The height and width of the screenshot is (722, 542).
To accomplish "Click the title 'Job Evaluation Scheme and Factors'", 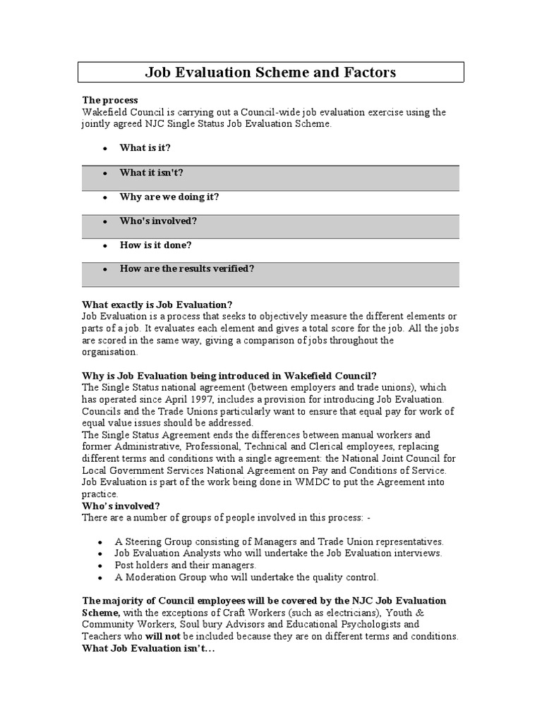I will (270, 72).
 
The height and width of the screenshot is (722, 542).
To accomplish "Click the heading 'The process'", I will (110, 101).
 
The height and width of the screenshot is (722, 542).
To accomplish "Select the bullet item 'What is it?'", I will (145, 148).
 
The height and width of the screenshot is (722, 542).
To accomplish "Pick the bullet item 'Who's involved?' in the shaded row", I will (158, 221).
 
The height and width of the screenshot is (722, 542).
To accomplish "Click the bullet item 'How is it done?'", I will (155, 245).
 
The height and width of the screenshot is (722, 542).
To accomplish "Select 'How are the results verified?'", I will (186, 269).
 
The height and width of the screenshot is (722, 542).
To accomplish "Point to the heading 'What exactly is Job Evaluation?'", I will (157, 304).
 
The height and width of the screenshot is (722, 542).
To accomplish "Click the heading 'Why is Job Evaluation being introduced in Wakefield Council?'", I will (229, 375).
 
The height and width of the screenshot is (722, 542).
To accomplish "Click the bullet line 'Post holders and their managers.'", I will (185, 565).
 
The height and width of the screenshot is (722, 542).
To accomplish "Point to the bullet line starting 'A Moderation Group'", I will (246, 577).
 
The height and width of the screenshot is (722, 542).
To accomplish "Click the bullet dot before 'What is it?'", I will (104, 149).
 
